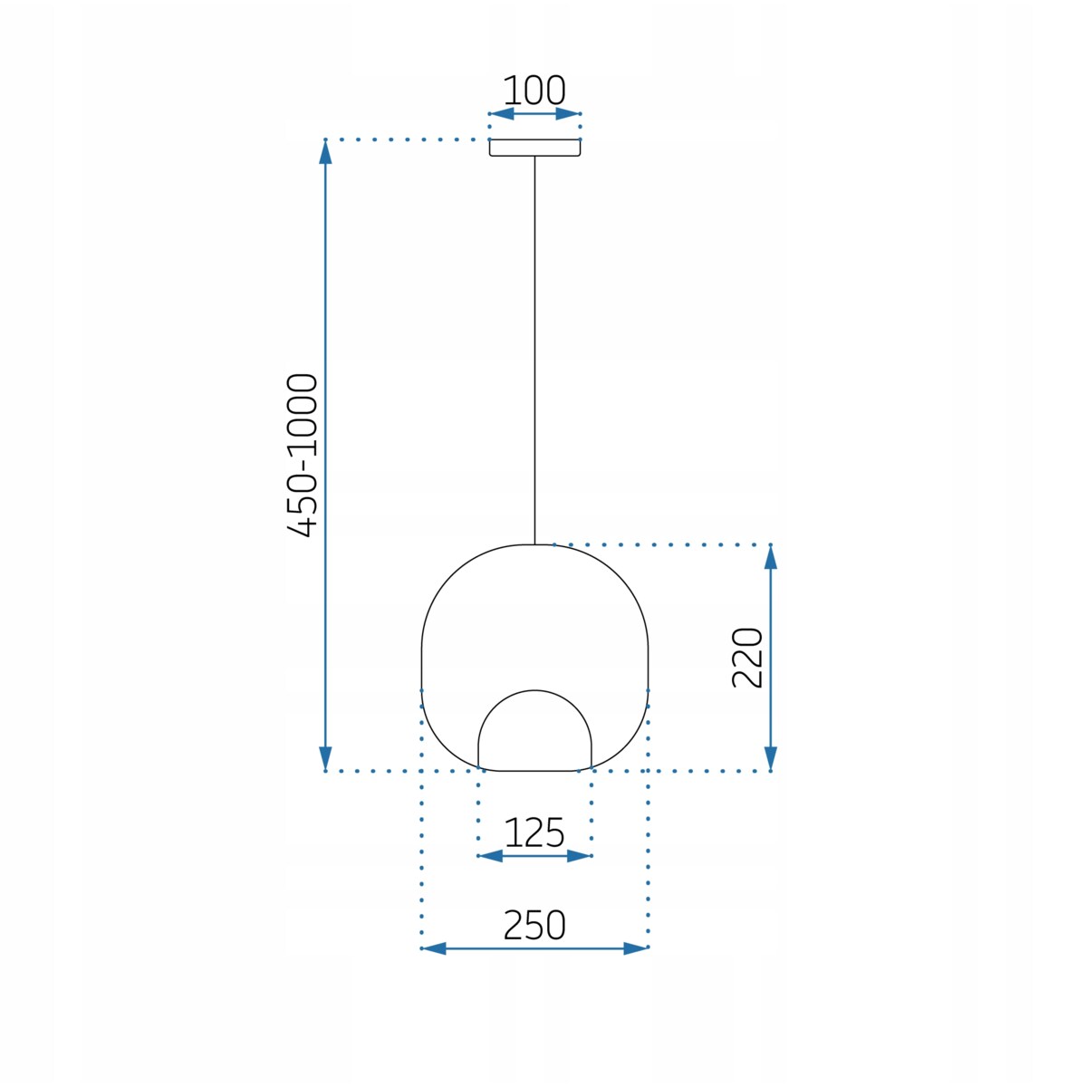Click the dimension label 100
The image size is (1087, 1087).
[534, 91]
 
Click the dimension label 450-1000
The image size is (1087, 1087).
[303, 455]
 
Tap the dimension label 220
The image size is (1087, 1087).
[747, 658]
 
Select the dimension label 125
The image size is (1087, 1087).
[534, 832]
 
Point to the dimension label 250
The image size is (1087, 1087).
[534, 925]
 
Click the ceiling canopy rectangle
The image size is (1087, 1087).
[534, 148]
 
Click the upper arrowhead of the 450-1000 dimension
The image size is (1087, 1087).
[326, 152]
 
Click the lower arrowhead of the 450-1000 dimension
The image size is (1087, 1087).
[326, 759]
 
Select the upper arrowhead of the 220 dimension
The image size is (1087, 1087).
[771, 556]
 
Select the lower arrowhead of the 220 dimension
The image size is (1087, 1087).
[771, 759]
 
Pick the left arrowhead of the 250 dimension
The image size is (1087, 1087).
[434, 948]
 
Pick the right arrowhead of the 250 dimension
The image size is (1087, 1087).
[636, 948]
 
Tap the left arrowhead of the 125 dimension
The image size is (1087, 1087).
[490, 856]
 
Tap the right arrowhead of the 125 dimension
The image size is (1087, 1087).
[579, 856]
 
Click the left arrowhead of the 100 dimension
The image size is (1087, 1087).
[501, 114]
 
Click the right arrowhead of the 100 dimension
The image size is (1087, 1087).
[568, 114]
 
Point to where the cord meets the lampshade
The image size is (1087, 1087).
[534, 544]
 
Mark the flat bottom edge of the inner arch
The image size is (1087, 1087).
[534, 771]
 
